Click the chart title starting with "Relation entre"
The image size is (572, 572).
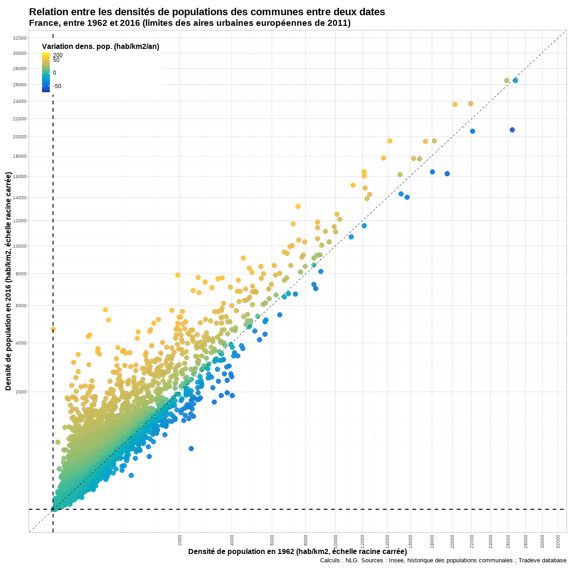click(x=207, y=12)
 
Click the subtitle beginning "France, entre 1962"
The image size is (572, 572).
click(x=190, y=23)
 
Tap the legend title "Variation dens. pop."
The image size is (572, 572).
click(x=101, y=47)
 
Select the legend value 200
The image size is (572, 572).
click(x=58, y=55)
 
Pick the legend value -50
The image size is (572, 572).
click(x=57, y=86)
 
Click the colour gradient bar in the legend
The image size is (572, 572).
click(x=46, y=72)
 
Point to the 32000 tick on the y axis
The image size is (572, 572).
click(x=20, y=38)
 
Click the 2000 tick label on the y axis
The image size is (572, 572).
click(x=21, y=392)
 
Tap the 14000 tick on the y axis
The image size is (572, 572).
click(x=20, y=198)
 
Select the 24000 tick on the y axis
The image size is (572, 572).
click(x=20, y=101)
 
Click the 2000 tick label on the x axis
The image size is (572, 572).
click(x=180, y=540)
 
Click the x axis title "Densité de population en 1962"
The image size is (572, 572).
click(x=297, y=552)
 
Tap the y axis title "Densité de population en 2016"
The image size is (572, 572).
click(x=8, y=281)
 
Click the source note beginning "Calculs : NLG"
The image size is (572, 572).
click(x=443, y=560)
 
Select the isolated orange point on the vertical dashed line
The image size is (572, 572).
click(x=53, y=329)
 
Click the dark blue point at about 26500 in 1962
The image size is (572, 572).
click(x=512, y=130)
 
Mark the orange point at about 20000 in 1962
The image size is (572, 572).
click(x=455, y=104)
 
